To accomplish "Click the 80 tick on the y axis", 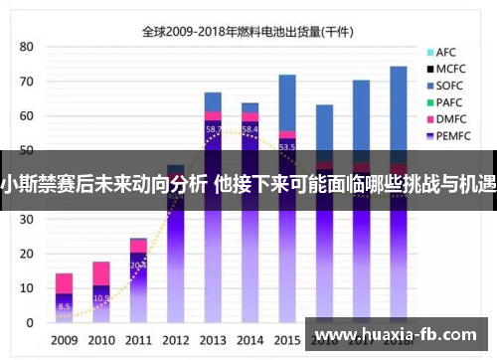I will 27,47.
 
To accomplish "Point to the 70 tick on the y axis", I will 27,82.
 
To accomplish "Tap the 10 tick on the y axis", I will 27,287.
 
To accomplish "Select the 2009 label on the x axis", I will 64,339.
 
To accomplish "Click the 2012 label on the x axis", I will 176,339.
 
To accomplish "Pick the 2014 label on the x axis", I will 250,339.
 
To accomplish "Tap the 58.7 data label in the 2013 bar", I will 213,129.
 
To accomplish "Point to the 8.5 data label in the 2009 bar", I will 64,306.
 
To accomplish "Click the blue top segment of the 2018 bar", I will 398,109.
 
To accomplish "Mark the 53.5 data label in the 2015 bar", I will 287,146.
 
